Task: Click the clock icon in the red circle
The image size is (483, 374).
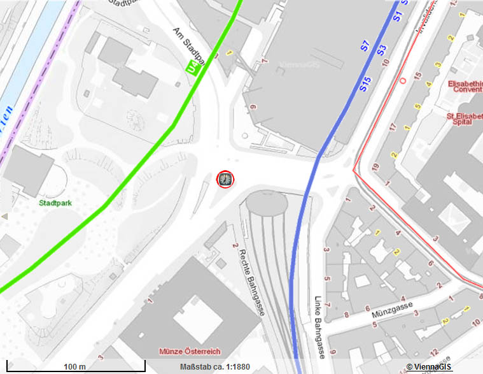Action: pos(225,180)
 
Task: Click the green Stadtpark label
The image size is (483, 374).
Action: pos(55,204)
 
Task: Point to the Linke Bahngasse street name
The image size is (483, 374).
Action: pos(321,325)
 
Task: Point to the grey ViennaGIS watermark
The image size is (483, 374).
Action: pos(299,64)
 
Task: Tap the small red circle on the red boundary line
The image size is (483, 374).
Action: pos(402,80)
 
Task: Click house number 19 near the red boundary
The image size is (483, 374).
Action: pos(376,167)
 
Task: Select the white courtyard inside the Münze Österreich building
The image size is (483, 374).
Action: pos(197,319)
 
